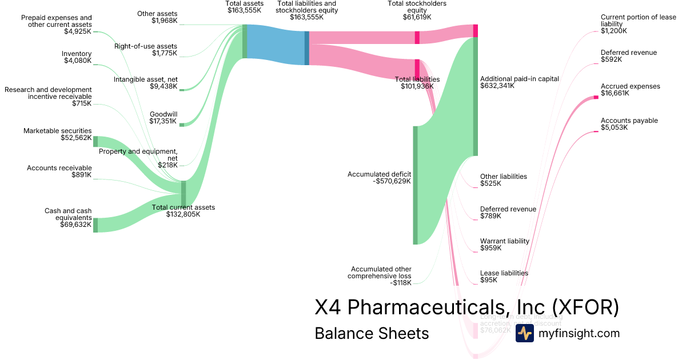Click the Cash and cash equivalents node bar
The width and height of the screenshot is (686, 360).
[95, 225]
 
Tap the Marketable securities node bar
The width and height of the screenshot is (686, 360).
[95, 142]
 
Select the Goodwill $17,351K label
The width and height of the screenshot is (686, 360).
[163, 118]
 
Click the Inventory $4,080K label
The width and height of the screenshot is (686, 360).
[77, 57]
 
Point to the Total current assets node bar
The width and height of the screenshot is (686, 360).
[184, 193]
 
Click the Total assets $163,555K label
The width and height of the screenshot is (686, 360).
[245, 7]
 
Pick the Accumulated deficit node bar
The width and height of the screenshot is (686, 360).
[416, 185]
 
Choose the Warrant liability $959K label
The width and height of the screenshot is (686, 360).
[504, 245]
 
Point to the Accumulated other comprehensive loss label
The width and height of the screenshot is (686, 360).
[381, 275]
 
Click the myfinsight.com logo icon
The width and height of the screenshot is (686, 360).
[524, 333]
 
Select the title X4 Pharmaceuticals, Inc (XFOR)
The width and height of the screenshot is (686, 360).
[466, 307]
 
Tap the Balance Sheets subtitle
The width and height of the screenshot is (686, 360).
[372, 334]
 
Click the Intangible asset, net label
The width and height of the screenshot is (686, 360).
[145, 83]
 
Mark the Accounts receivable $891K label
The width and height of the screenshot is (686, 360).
[59, 171]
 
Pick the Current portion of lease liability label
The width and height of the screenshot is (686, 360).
[638, 24]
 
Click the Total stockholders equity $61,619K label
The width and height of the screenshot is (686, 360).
[417, 10]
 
